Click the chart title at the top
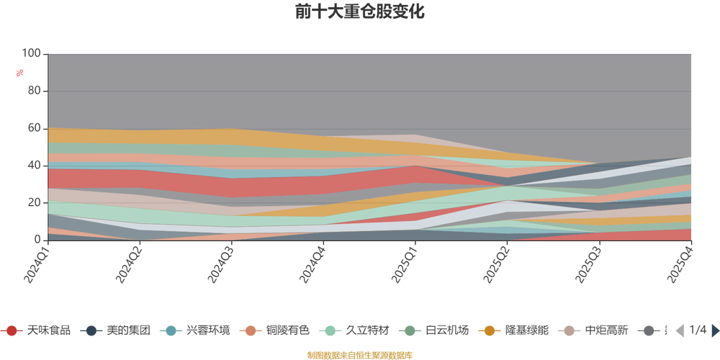point(359,12)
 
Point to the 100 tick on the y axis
point(32,53)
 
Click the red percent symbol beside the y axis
point(20,72)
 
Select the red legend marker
point(12,330)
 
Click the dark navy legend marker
point(91,330)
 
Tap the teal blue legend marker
point(171,330)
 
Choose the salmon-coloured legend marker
point(251,330)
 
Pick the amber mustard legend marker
point(490,330)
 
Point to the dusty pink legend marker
point(570,330)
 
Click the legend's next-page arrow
point(714,330)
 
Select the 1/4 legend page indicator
point(696,330)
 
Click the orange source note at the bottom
point(359,354)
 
